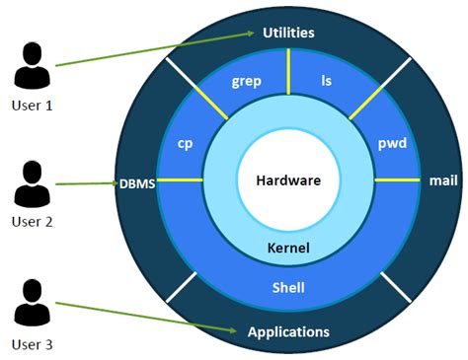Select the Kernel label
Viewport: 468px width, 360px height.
(288, 248)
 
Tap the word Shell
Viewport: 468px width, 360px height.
(288, 288)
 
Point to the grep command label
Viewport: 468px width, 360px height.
(247, 81)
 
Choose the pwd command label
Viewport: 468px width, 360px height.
(393, 143)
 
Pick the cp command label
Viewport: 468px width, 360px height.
(185, 143)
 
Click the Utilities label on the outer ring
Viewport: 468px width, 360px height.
(288, 33)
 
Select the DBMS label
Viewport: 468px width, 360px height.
(137, 182)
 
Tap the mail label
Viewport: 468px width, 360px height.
(439, 180)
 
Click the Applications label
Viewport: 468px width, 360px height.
(288, 331)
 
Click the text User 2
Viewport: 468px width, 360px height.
(32, 221)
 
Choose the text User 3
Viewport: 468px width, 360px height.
(32, 344)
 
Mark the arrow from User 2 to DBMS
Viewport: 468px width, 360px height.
(89, 183)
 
